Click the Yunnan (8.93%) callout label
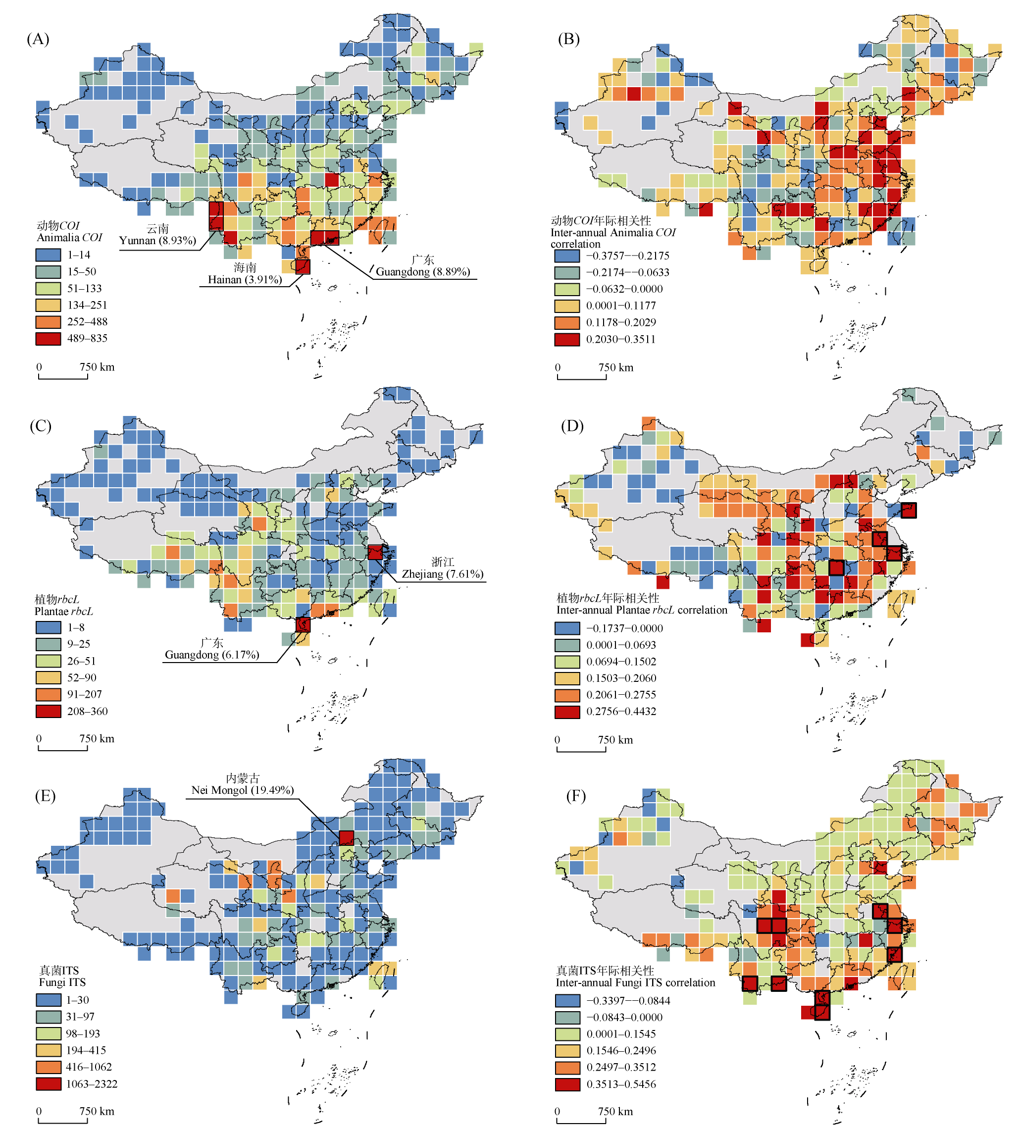click(x=157, y=240)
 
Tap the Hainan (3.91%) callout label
click(x=245, y=279)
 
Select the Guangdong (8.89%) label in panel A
click(x=423, y=272)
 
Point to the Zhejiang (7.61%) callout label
click(x=442, y=573)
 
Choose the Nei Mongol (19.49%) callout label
click(x=243, y=790)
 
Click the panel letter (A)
click(x=38, y=39)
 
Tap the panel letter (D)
click(x=572, y=426)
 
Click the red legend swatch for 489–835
click(x=48, y=338)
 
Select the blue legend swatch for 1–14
click(x=48, y=255)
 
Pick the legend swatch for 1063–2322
click(x=48, y=1083)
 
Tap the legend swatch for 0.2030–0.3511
click(x=567, y=339)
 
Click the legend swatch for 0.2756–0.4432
click(x=567, y=712)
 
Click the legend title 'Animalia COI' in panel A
click(x=69, y=238)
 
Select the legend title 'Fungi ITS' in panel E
click(x=62, y=982)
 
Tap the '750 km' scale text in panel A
click(x=97, y=367)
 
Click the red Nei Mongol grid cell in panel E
click(x=346, y=838)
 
